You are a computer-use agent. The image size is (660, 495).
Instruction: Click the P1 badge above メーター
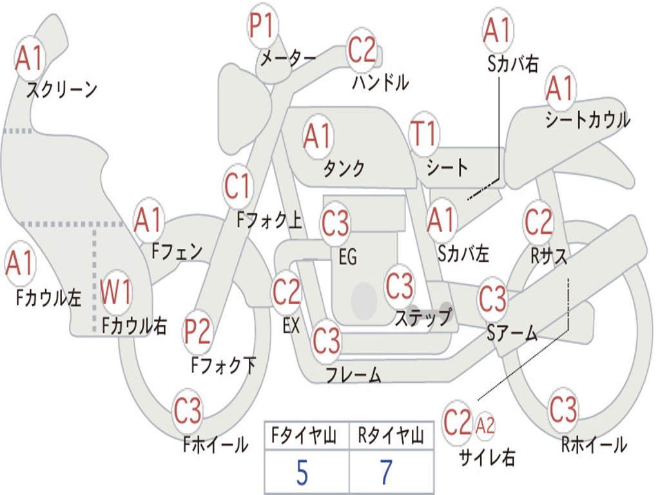tap(263, 26)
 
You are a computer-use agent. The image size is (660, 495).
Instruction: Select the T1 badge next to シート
tap(423, 133)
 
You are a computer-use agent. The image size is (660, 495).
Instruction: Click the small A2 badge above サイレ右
tap(485, 425)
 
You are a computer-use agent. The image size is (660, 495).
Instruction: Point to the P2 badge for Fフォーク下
tap(197, 331)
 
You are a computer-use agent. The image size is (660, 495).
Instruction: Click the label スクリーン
tap(62, 90)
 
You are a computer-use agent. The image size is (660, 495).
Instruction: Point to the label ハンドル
tap(380, 82)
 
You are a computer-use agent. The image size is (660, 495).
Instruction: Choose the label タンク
tap(344, 168)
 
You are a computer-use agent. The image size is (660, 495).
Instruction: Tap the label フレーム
tap(353, 374)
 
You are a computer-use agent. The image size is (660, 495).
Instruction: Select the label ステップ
tap(423, 318)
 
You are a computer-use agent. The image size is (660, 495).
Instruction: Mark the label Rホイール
tap(594, 444)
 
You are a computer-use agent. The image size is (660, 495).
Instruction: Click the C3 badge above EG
tap(335, 223)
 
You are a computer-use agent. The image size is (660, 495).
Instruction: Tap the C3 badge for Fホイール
tap(188, 411)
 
